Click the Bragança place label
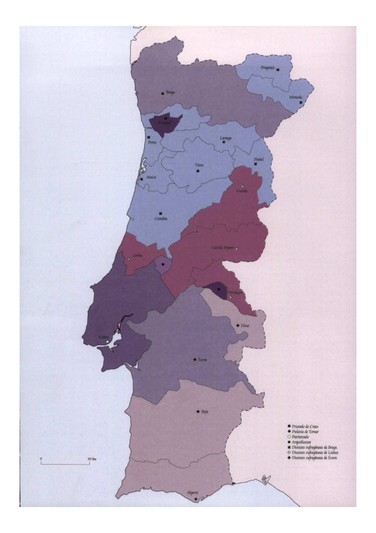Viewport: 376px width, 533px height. point(267,67)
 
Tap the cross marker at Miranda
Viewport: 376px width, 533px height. point(301,103)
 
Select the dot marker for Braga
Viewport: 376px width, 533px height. point(163,94)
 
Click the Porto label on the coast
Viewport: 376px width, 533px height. point(152,142)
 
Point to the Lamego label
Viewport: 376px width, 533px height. point(226,137)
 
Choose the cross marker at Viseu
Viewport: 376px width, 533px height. point(198,171)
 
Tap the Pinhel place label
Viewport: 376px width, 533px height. point(257,159)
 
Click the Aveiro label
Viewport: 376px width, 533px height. point(150,178)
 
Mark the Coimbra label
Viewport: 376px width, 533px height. point(161,219)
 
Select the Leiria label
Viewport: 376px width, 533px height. point(136,255)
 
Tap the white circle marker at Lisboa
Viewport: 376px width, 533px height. point(108,342)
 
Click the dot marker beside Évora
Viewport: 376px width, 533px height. point(195,360)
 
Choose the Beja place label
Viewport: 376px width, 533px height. point(205,411)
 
